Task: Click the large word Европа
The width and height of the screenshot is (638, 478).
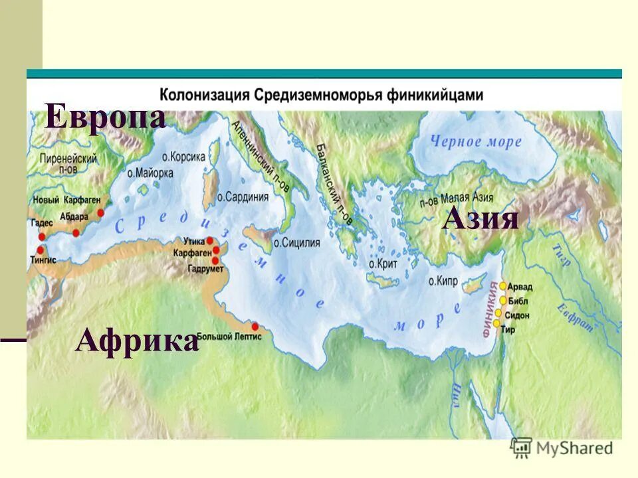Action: point(105,118)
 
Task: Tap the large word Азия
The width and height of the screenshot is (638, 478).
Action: point(480,218)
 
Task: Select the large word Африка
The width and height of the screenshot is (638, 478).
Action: point(137,341)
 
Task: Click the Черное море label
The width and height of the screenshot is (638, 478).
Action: point(476,141)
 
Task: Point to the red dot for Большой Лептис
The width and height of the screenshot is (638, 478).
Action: point(255,326)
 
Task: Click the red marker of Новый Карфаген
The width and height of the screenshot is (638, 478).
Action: point(101,213)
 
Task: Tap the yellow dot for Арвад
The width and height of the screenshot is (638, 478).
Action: point(503,285)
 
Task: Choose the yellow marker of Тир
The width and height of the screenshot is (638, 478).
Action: point(496,323)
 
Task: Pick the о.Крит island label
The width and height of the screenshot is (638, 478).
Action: point(381,264)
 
